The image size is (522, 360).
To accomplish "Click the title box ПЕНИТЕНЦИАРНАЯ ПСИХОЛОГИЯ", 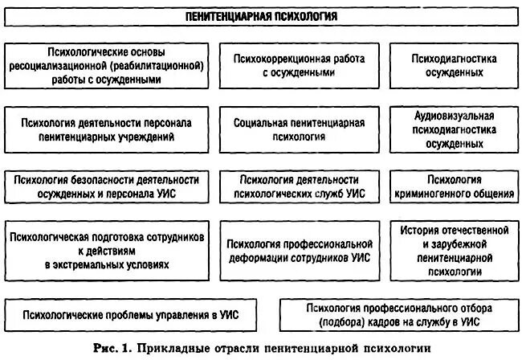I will point(260,16).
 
